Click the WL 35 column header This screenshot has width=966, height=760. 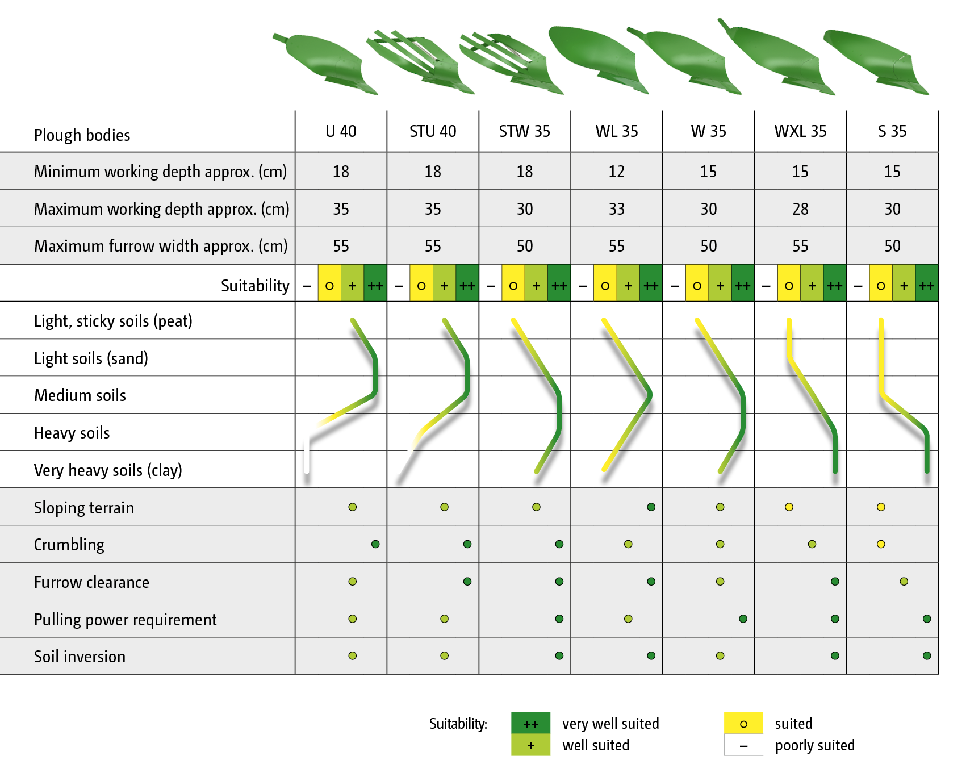(x=616, y=131)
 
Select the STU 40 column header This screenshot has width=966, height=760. (x=433, y=131)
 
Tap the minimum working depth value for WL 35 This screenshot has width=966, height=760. (x=616, y=171)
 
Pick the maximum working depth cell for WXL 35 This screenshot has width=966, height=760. (x=800, y=209)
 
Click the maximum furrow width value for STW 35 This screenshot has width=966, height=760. (x=525, y=246)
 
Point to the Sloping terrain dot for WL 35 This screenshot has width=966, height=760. (x=651, y=507)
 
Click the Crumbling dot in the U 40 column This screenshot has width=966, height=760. (x=375, y=544)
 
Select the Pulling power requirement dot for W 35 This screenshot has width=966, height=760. (x=743, y=619)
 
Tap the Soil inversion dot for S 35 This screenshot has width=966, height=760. (x=927, y=655)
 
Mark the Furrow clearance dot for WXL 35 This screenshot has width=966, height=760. (x=835, y=581)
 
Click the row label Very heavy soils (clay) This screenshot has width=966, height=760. (x=108, y=470)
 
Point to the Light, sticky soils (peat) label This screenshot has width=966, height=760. (x=113, y=321)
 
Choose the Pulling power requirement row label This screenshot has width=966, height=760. (x=125, y=619)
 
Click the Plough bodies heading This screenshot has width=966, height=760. (x=82, y=135)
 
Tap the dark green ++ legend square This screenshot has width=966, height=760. (x=530, y=723)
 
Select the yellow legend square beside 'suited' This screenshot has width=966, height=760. (x=743, y=723)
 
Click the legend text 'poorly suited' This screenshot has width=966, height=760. (x=814, y=745)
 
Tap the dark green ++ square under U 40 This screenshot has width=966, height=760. (x=375, y=285)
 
